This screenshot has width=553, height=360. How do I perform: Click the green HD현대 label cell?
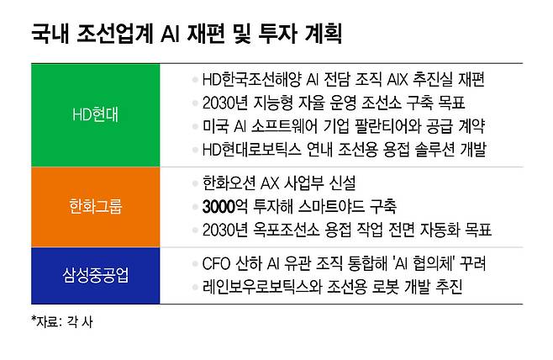coord(94,114)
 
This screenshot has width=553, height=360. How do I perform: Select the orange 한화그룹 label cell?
coord(94,205)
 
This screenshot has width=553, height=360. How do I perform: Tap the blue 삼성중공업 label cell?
coord(94,274)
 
